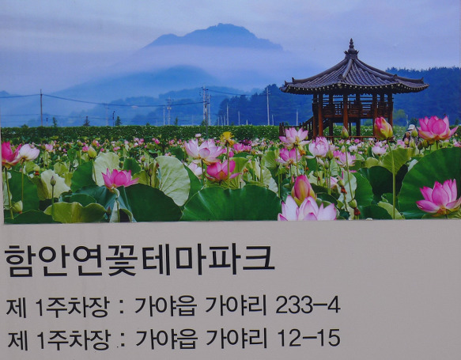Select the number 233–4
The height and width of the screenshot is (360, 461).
point(308,305)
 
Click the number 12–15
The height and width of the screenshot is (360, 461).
point(308,338)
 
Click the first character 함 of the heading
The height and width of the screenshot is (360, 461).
point(20,260)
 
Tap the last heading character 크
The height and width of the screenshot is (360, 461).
point(259,258)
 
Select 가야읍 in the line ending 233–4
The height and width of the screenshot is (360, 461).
point(165,306)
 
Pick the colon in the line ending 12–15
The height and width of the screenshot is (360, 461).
point(123,340)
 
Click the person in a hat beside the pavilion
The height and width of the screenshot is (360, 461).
point(410,133)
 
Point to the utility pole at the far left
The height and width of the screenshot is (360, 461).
point(41,108)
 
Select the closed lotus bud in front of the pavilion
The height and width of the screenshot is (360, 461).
point(383,128)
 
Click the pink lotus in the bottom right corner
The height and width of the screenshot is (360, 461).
point(439,196)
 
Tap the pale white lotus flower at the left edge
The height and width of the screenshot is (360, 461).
point(28,152)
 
